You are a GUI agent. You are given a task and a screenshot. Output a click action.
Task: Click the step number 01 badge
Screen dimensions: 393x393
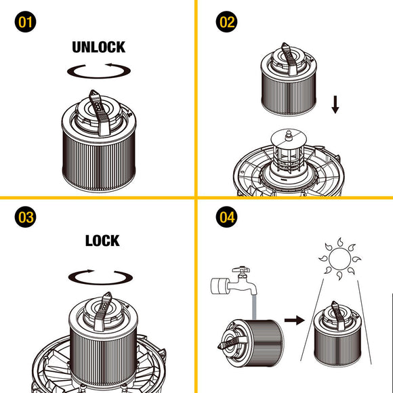25,22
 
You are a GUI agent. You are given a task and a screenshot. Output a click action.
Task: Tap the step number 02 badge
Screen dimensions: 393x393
226,22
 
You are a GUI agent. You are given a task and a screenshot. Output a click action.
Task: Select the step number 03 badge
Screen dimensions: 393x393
25,217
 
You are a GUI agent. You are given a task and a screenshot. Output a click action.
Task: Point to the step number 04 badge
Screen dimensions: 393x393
226,217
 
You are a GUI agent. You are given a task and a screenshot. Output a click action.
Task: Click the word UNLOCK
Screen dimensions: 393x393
99,47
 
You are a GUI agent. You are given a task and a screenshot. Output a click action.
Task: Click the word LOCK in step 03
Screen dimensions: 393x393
102,241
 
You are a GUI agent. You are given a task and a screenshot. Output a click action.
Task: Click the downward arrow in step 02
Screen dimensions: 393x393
335,104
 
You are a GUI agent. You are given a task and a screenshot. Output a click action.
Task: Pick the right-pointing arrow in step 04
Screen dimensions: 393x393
295,320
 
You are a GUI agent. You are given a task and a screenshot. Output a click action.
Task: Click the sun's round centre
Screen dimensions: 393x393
339,259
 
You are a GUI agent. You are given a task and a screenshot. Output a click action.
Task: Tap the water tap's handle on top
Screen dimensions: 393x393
241,270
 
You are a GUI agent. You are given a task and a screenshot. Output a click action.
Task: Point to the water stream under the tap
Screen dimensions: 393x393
254,307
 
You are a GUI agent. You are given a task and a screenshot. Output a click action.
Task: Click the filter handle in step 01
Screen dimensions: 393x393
99,112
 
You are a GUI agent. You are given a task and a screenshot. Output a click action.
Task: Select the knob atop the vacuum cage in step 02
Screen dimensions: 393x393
289,136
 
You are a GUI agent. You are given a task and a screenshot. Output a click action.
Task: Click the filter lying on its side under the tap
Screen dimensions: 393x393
251,343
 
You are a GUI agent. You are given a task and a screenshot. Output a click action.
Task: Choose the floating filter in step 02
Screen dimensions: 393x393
289,79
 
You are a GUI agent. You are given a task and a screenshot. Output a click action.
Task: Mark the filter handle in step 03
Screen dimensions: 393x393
102,312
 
